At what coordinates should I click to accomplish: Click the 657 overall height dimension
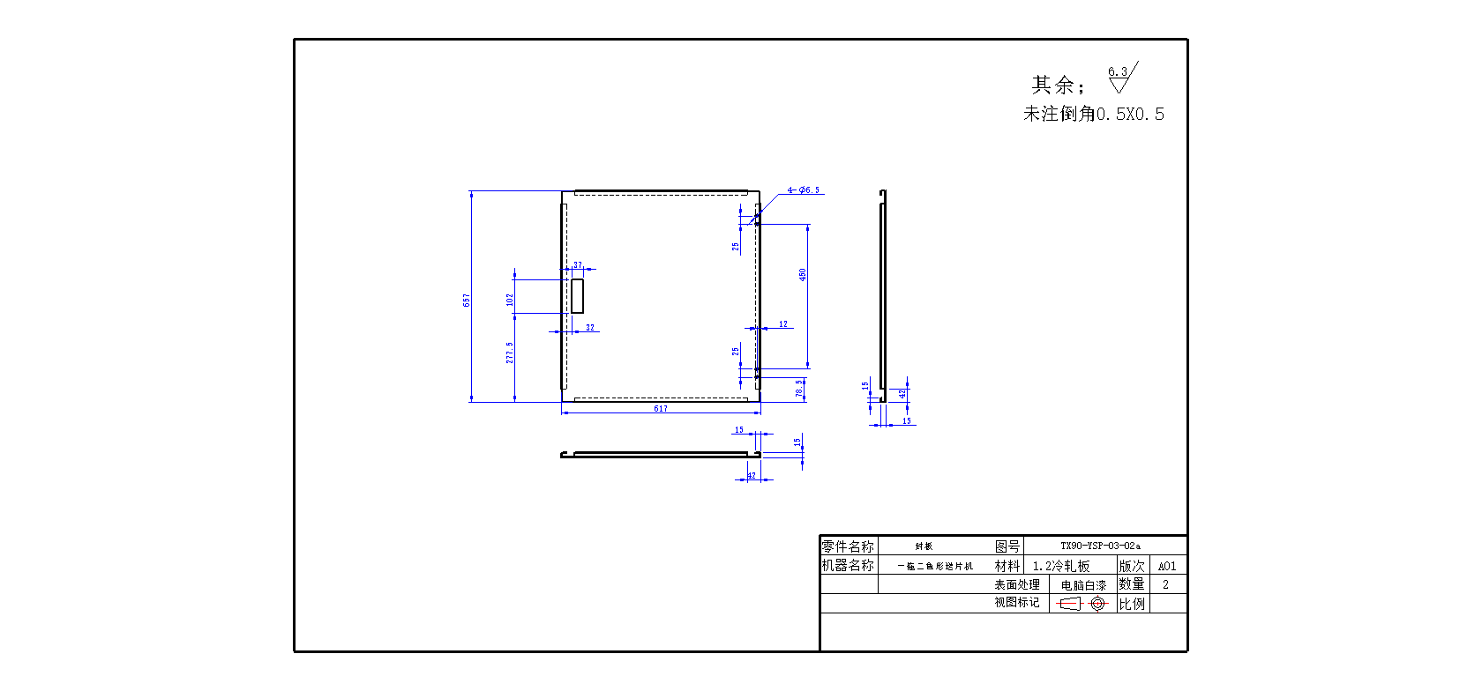(467, 300)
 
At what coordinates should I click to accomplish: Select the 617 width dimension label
(661, 409)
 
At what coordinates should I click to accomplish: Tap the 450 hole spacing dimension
(803, 275)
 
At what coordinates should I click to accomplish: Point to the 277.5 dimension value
(510, 353)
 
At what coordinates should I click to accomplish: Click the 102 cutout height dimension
(510, 300)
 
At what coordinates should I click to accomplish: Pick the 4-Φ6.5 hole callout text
(804, 190)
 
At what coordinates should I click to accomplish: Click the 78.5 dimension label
(799, 388)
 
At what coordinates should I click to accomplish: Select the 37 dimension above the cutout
(578, 264)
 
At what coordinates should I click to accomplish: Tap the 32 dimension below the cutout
(590, 328)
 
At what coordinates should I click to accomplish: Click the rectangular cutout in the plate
(577, 295)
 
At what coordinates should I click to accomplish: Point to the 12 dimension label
(783, 324)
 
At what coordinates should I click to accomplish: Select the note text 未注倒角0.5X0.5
(1094, 114)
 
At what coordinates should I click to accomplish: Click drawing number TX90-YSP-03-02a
(1100, 546)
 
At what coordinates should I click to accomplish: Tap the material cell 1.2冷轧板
(1061, 566)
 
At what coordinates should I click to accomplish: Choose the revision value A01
(1167, 566)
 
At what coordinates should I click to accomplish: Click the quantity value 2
(1165, 584)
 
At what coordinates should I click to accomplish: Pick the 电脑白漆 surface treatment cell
(1083, 585)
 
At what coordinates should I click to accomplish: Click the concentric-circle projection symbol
(1097, 604)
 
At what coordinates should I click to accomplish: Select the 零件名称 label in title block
(848, 546)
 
